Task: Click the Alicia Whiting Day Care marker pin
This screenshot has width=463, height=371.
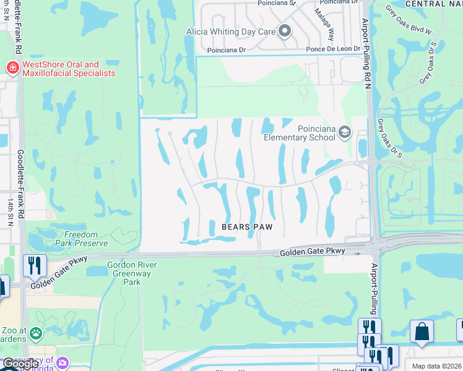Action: (285, 31)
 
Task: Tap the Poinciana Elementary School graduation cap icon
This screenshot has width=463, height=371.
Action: (345, 132)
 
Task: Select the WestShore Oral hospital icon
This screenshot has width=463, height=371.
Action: (12, 67)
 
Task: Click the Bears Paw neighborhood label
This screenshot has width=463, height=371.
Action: (247, 227)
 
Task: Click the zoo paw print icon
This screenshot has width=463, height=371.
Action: (36, 334)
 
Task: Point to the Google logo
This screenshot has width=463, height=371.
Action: (20, 364)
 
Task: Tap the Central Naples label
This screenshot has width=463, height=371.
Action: (433, 4)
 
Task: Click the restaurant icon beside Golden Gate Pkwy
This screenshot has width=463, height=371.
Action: (35, 265)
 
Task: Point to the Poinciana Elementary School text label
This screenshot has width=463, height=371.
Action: (300, 132)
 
